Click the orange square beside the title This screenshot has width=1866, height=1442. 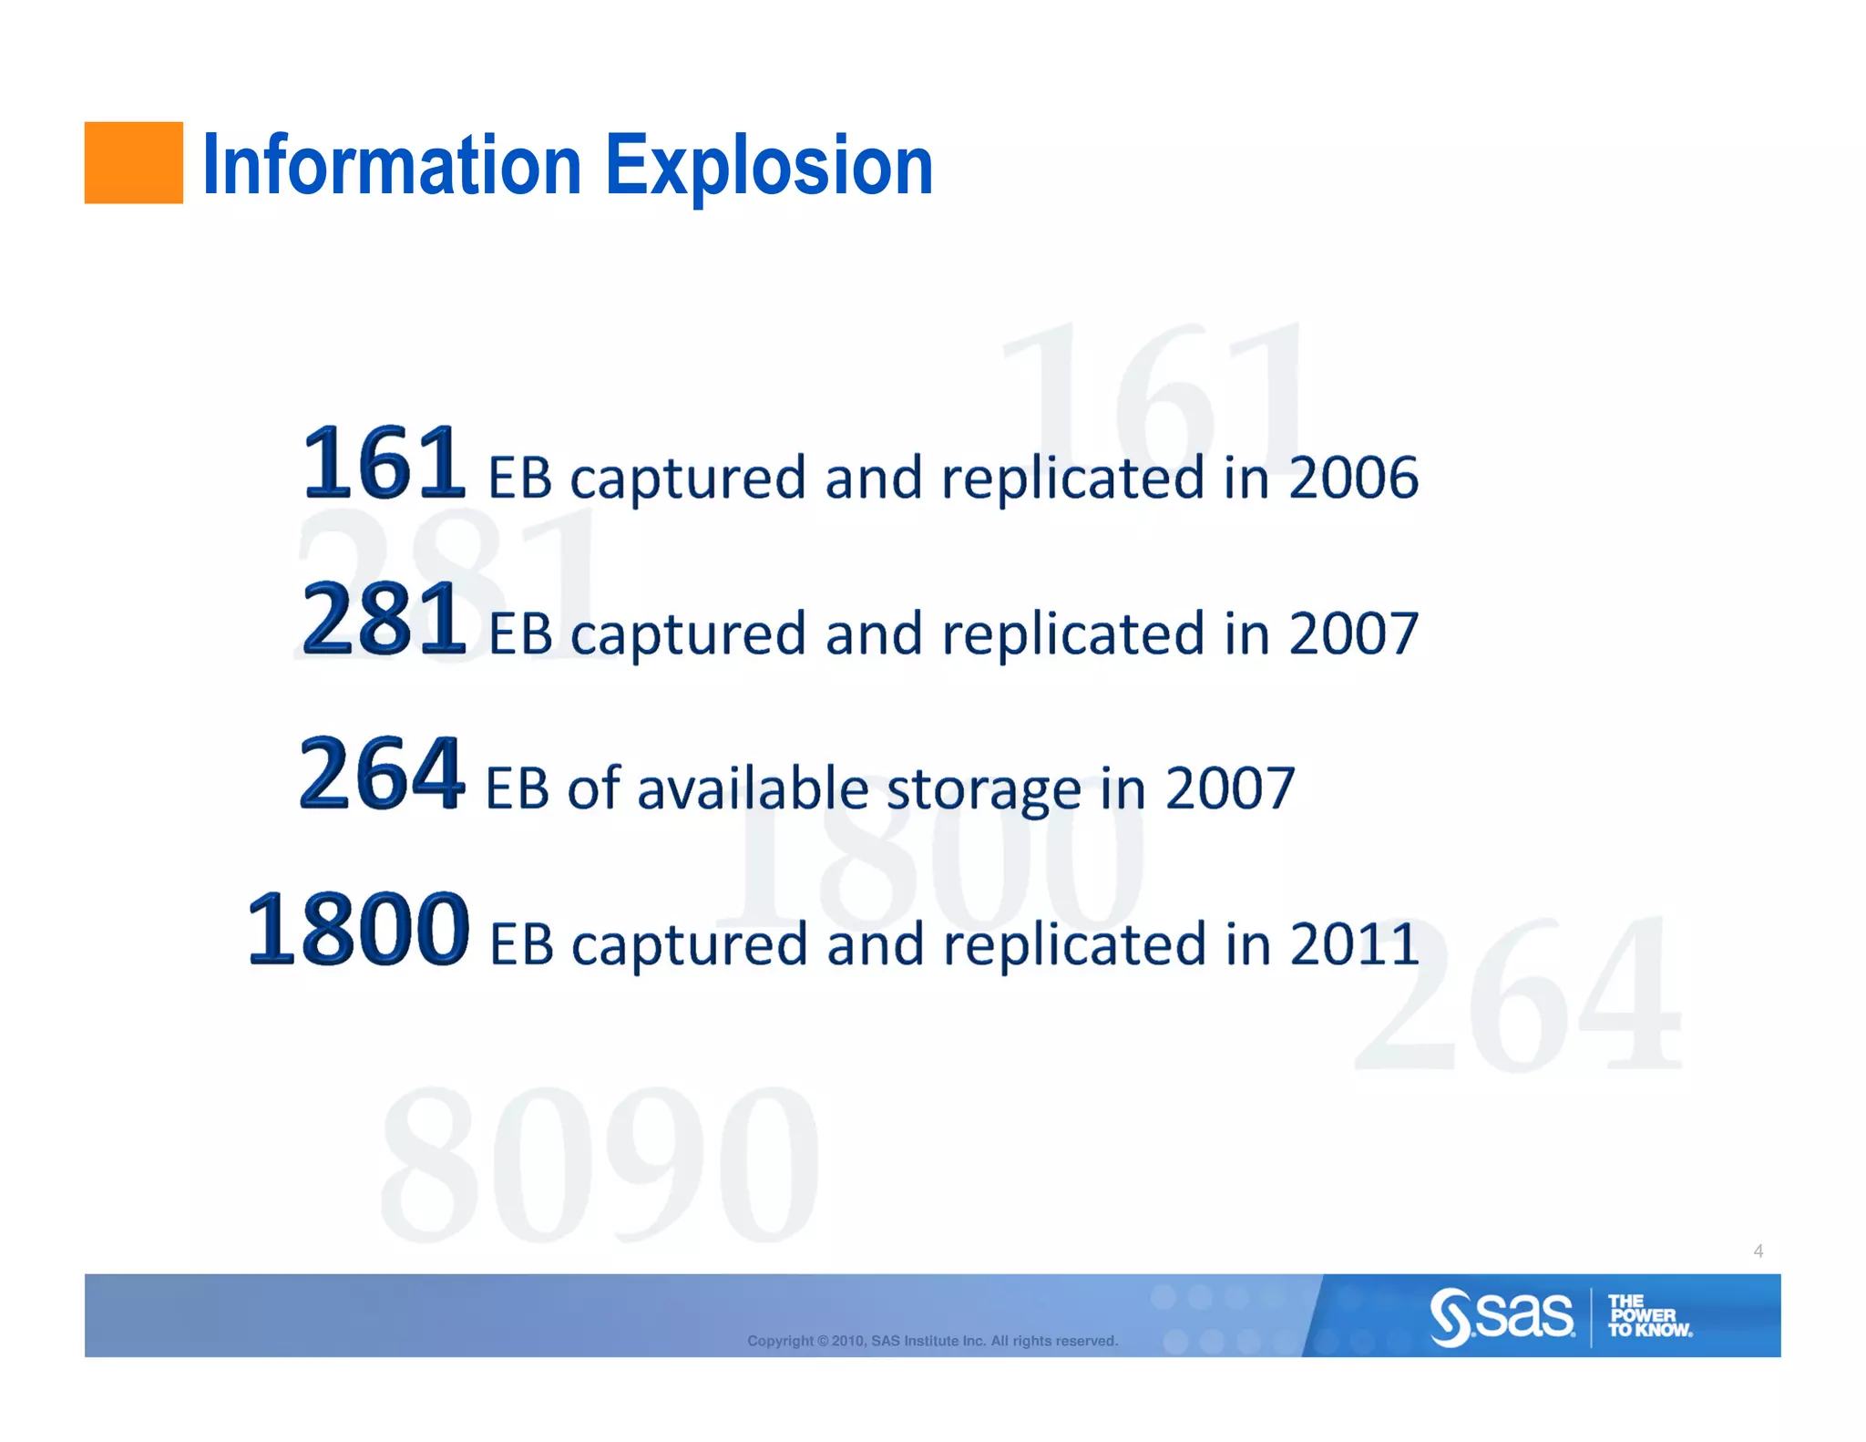pos(133,162)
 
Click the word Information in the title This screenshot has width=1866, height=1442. pos(391,166)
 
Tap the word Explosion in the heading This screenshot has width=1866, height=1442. pos(769,166)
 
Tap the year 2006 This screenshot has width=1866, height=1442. pos(1353,478)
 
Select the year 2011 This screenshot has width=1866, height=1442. pos(1354,944)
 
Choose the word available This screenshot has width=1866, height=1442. pos(753,789)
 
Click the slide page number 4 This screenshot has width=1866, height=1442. pos(1758,1251)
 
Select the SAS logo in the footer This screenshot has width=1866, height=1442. pos(1502,1316)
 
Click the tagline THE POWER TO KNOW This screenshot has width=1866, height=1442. pos(1648,1316)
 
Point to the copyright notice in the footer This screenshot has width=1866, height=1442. pos(932,1341)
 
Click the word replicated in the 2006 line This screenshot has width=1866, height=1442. pos(1072,478)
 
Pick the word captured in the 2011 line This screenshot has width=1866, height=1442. pos(689,944)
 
